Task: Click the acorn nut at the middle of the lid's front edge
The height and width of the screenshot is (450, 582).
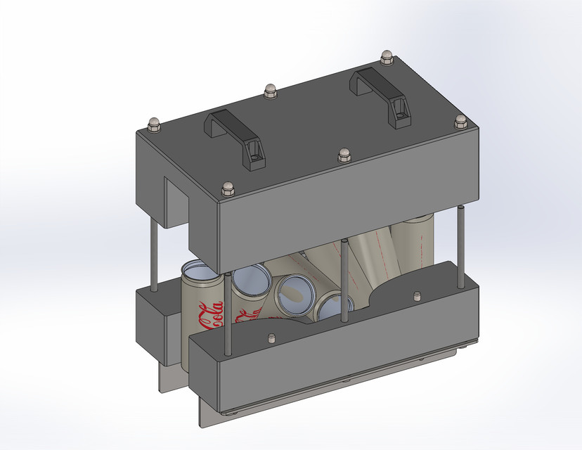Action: click(x=344, y=153)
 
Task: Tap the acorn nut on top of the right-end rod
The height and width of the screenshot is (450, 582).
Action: click(x=461, y=120)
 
